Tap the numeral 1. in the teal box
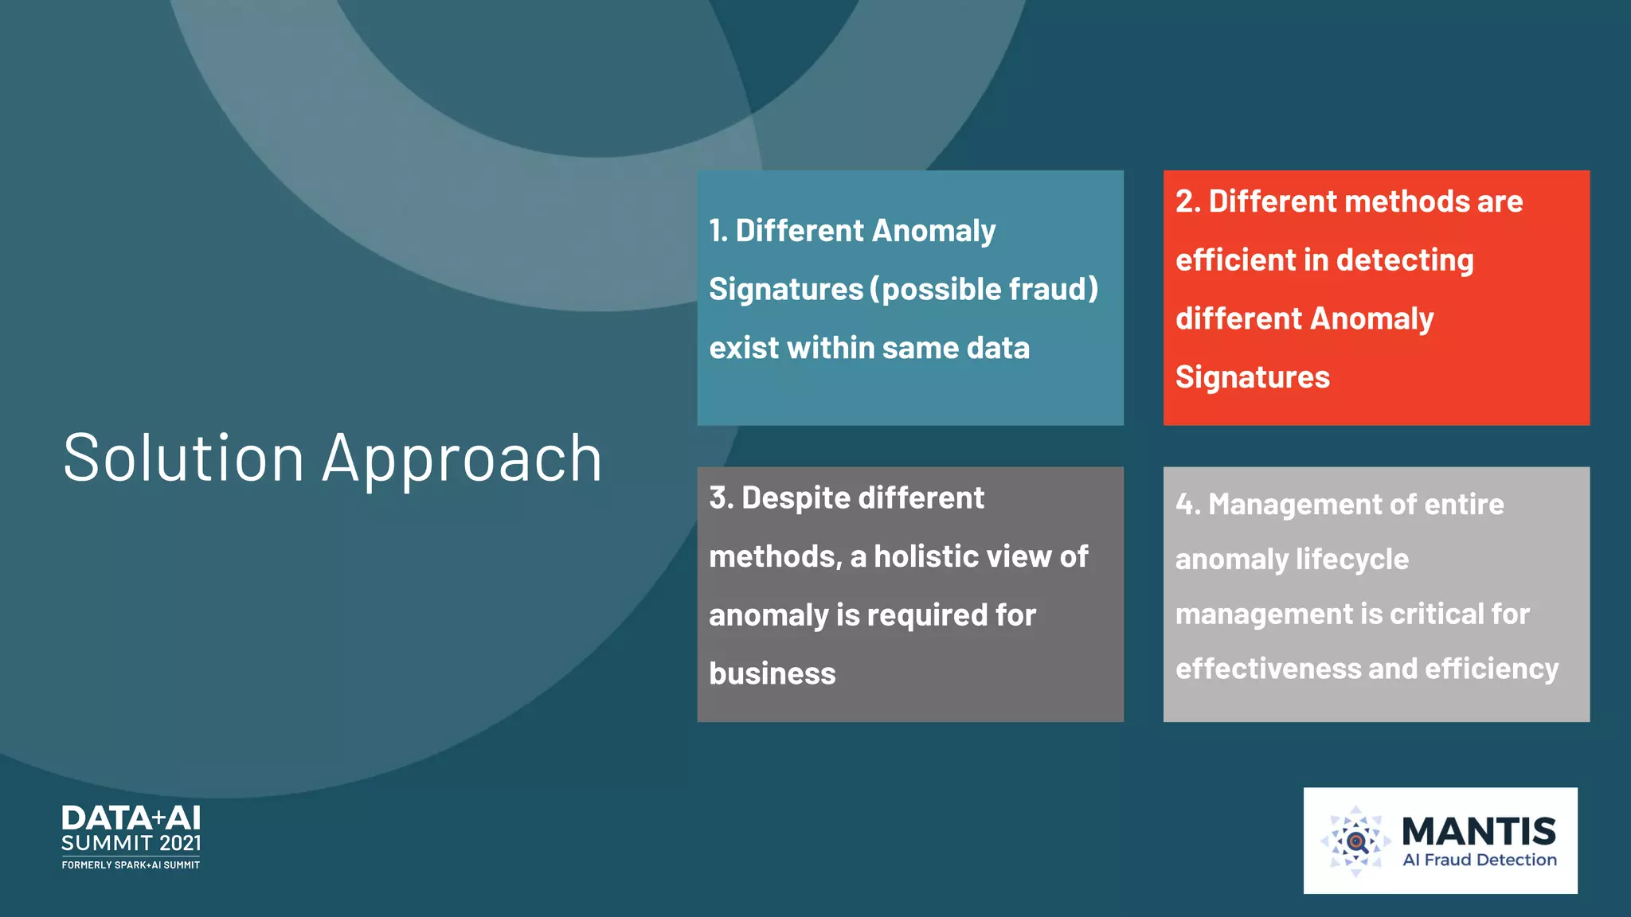pyautogui.click(x=718, y=231)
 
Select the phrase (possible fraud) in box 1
pyautogui.click(x=984, y=289)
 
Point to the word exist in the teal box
pyautogui.click(x=743, y=348)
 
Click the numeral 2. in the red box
pyautogui.click(x=1188, y=201)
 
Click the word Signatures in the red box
pyautogui.click(x=1253, y=377)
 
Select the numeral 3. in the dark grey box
pyautogui.click(x=722, y=498)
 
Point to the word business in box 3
pyautogui.click(x=772, y=674)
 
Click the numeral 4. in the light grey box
pyautogui.click(x=1187, y=505)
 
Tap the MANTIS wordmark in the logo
pyautogui.click(x=1479, y=831)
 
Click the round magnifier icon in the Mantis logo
pyautogui.click(x=1355, y=841)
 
